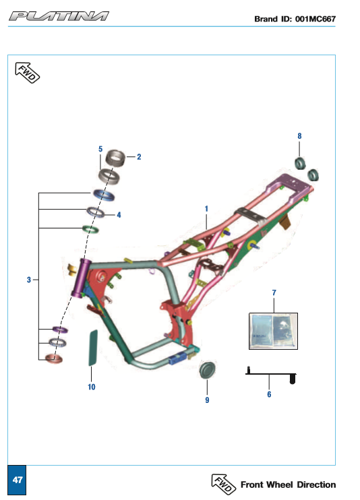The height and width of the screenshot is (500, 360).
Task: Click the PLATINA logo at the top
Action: click(x=59, y=16)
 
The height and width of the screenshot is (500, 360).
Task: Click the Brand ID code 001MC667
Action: click(x=316, y=19)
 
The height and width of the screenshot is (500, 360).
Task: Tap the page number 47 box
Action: click(x=17, y=480)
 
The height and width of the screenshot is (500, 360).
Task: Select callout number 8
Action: click(x=299, y=136)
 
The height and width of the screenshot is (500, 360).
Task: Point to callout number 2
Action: click(x=139, y=157)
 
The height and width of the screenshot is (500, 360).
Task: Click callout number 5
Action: click(x=100, y=149)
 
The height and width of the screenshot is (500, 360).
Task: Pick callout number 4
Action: click(x=119, y=215)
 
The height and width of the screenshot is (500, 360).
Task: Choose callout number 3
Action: click(x=29, y=280)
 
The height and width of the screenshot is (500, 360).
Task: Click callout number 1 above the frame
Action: click(x=206, y=208)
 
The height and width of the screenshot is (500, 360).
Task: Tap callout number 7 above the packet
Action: click(x=274, y=292)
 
